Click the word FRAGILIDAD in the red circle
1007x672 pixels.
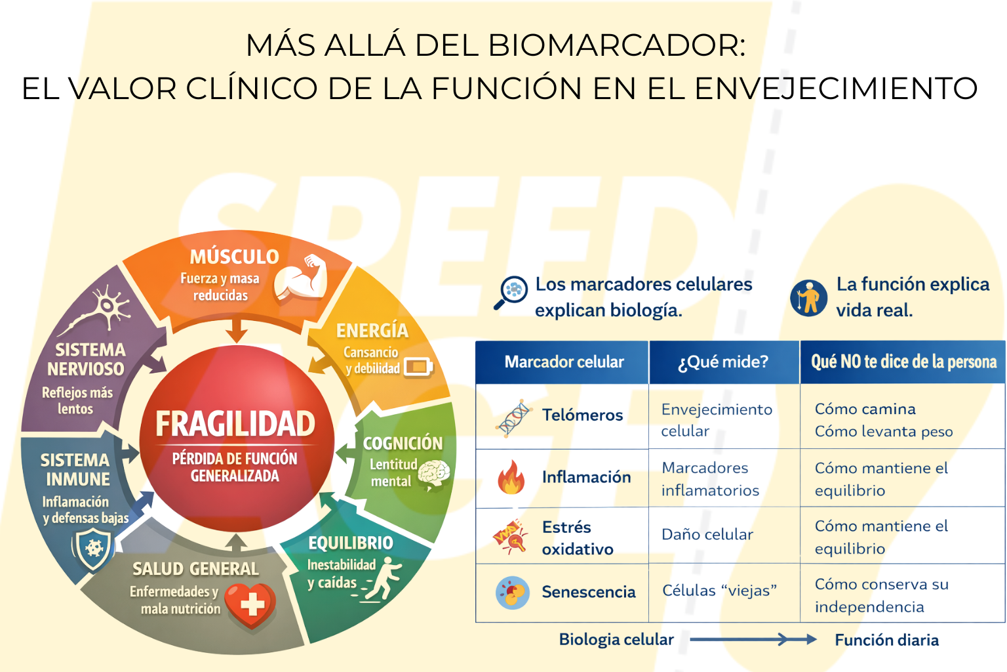point(235,423)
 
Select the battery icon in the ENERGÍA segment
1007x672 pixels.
point(418,367)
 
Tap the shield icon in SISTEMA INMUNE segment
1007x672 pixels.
point(94,548)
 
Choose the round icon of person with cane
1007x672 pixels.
point(808,298)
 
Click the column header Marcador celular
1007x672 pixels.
point(564,362)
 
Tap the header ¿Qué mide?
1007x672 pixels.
point(723,362)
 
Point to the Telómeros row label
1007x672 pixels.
point(583,415)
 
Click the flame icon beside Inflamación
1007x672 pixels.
point(511,477)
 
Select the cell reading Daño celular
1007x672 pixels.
point(707,534)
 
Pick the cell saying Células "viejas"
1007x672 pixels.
point(719,590)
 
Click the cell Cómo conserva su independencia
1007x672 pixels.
point(882,595)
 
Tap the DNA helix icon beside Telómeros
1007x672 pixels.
point(514,418)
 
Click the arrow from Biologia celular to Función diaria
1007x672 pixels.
point(753,639)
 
